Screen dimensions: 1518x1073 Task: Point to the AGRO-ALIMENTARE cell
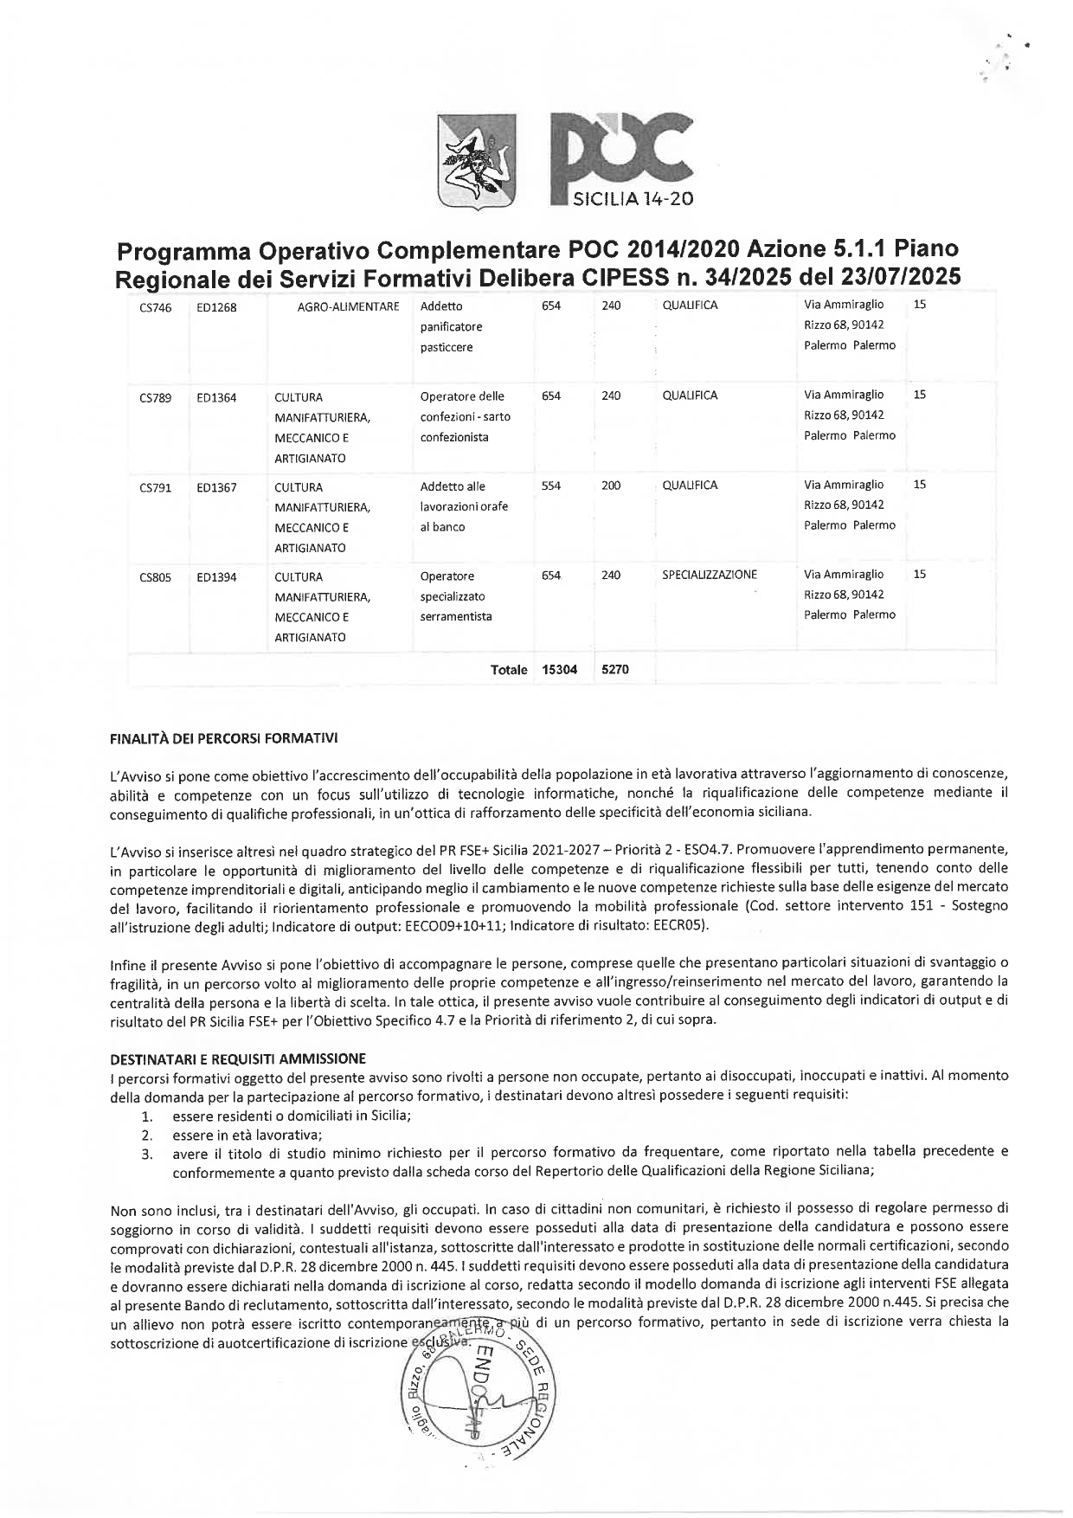pos(348,306)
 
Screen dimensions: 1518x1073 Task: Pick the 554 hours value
pos(551,486)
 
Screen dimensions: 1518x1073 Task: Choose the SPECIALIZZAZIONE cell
pos(710,575)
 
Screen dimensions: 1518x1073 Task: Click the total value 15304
pos(559,670)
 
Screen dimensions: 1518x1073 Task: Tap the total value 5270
pos(614,670)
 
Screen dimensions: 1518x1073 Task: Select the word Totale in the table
pos(509,670)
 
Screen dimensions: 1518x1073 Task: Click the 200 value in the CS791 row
pos(611,486)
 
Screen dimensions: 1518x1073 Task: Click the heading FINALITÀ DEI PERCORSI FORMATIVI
pos(224,739)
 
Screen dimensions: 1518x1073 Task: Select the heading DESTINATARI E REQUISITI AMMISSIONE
pos(238,1058)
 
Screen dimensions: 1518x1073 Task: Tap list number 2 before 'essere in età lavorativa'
pos(147,1135)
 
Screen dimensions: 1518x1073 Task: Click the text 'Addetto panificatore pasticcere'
pos(452,327)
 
